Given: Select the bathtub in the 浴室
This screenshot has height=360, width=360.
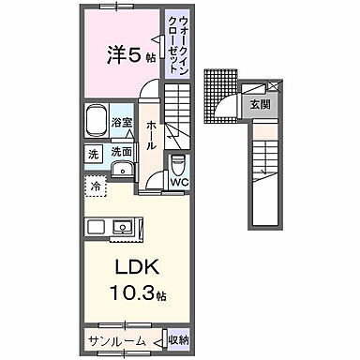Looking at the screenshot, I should (x=97, y=123).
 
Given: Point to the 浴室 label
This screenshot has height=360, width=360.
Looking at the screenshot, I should (x=121, y=122).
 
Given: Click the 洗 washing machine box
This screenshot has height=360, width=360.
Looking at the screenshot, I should (x=93, y=153).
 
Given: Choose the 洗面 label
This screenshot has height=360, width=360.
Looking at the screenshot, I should (x=121, y=151).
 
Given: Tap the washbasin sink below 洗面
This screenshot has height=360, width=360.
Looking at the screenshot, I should (x=122, y=170).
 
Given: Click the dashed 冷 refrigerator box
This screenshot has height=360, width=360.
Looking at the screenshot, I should (x=97, y=186).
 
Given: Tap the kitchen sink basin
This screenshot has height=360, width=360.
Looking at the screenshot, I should (x=123, y=227).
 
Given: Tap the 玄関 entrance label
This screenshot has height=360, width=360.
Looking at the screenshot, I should (x=259, y=105).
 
